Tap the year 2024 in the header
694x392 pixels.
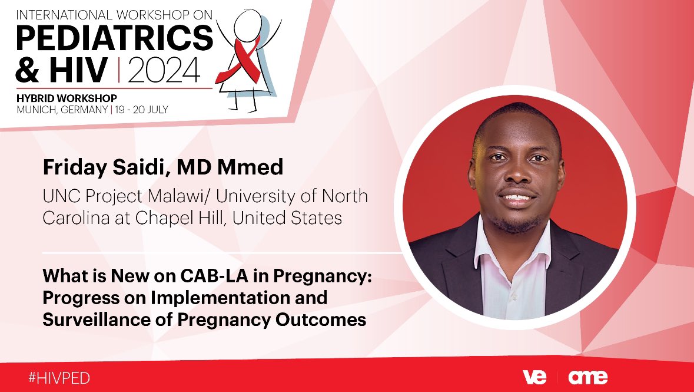tap(165, 71)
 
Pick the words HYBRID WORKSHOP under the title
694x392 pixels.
tap(66, 97)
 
